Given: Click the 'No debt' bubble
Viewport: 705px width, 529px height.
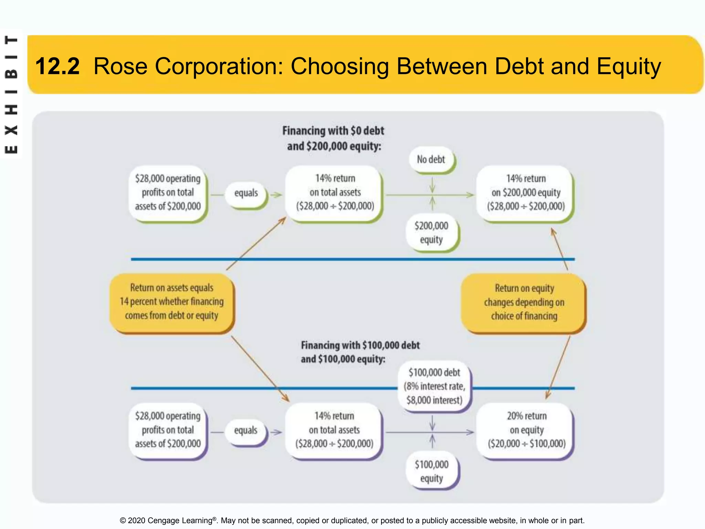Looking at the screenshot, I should pyautogui.click(x=431, y=160).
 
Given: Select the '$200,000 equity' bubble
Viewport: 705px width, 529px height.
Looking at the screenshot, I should pyautogui.click(x=431, y=233).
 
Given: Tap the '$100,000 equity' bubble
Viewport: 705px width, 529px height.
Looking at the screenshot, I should pyautogui.click(x=432, y=471).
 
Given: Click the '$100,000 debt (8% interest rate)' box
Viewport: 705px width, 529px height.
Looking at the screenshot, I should pyautogui.click(x=434, y=386).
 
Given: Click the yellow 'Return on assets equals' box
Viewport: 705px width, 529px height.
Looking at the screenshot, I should pyautogui.click(x=171, y=302).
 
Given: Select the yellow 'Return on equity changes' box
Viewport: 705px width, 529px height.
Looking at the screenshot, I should pyautogui.click(x=524, y=302).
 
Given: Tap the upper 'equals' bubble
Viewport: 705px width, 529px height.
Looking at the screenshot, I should pyautogui.click(x=246, y=193).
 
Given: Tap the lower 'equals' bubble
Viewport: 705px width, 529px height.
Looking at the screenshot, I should pyautogui.click(x=245, y=430).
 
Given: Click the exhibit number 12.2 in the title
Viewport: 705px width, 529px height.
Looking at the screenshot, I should pyautogui.click(x=57, y=66).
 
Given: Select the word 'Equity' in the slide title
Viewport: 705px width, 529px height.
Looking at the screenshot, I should pyautogui.click(x=629, y=66).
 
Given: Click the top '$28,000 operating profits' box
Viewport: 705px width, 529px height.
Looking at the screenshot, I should pyautogui.click(x=168, y=193).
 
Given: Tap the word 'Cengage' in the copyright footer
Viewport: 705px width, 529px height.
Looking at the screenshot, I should pyautogui.click(x=163, y=520).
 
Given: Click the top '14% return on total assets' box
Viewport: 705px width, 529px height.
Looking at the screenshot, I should pyautogui.click(x=335, y=193).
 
